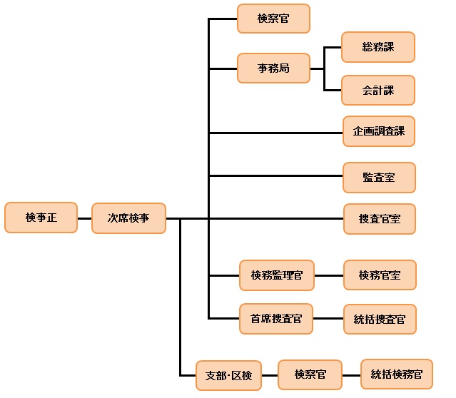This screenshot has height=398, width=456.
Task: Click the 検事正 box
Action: [x=41, y=218]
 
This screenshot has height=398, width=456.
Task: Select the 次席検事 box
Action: [x=128, y=218]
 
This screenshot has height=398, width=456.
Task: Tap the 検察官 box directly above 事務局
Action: [x=273, y=19]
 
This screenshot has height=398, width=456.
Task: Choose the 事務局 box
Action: [x=273, y=68]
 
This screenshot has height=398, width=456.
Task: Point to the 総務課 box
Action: [x=378, y=47]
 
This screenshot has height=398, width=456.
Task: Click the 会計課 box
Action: [x=378, y=91]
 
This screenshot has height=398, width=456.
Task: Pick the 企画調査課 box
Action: [x=378, y=131]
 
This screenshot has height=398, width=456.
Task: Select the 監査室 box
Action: [x=378, y=177]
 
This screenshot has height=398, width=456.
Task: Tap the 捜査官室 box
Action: [x=379, y=219]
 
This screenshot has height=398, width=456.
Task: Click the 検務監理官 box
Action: [x=277, y=275]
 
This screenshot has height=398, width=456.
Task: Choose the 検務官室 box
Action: [x=379, y=275]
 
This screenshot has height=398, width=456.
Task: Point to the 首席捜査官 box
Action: [x=275, y=319]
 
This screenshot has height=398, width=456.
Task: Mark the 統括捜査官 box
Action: [x=379, y=319]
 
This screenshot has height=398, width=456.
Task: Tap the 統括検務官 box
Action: [x=396, y=374]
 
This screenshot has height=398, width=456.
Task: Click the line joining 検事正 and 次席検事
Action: [x=84, y=218]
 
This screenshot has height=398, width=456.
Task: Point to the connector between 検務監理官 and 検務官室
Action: [x=328, y=275]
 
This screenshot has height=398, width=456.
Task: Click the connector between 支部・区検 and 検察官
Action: [x=269, y=374]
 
